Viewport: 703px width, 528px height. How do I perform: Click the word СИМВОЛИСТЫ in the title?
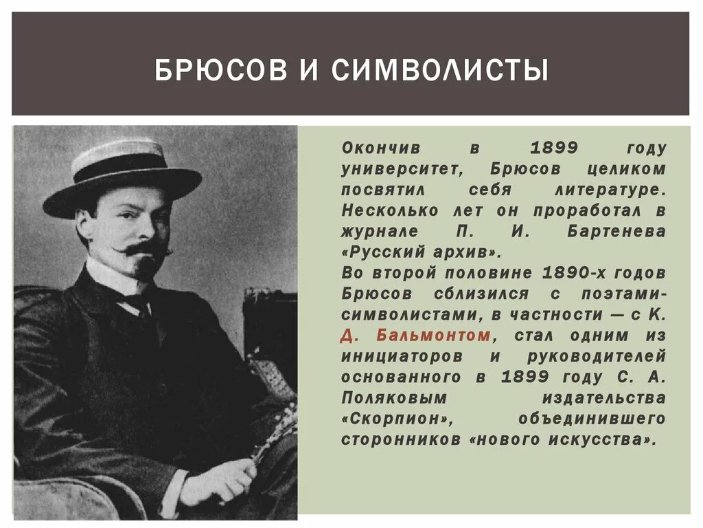pos(441,70)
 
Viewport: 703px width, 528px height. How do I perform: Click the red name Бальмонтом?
pos(434,335)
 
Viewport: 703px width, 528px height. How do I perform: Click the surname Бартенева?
pos(616,232)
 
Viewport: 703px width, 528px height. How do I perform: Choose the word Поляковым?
pos(393,398)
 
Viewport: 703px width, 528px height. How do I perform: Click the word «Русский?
pos(384,252)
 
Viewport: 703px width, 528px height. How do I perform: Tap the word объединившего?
pos(592,419)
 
